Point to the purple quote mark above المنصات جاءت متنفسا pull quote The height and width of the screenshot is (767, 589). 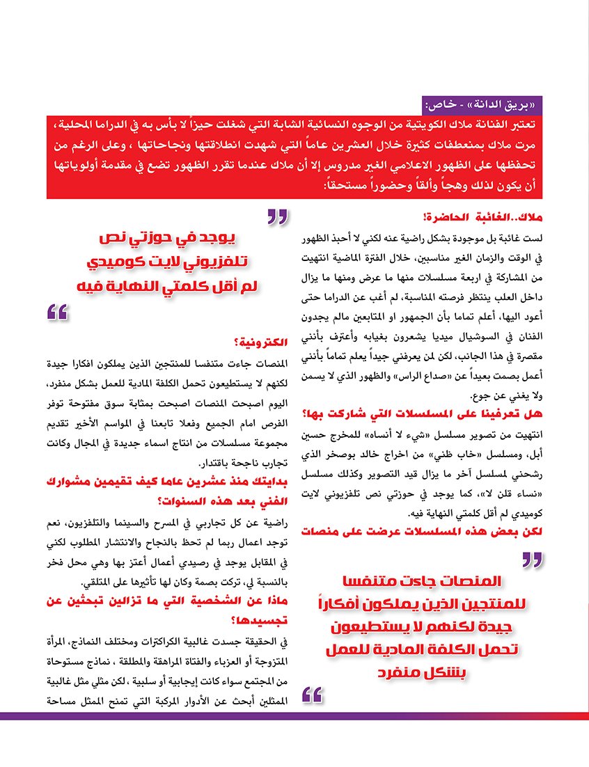pyautogui.click(x=532, y=560)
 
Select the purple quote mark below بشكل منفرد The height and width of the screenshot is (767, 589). pyautogui.click(x=313, y=694)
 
